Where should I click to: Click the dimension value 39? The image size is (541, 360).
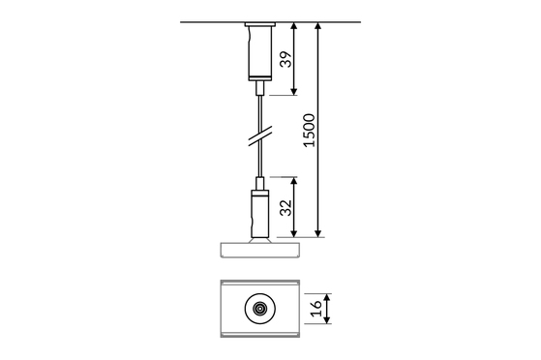pos(286,59)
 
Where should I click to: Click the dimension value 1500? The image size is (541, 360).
pos(309,131)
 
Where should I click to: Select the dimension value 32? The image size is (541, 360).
pos(286,208)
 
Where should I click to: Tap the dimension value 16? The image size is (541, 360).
pos(316,309)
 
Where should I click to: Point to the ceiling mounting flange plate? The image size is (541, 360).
pos(259,24)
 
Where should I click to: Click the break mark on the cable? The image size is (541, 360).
pos(260,136)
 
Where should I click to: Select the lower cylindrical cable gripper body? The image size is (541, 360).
pos(259,214)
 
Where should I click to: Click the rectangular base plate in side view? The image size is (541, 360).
pos(259,251)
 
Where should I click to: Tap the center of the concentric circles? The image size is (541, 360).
pos(259,309)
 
